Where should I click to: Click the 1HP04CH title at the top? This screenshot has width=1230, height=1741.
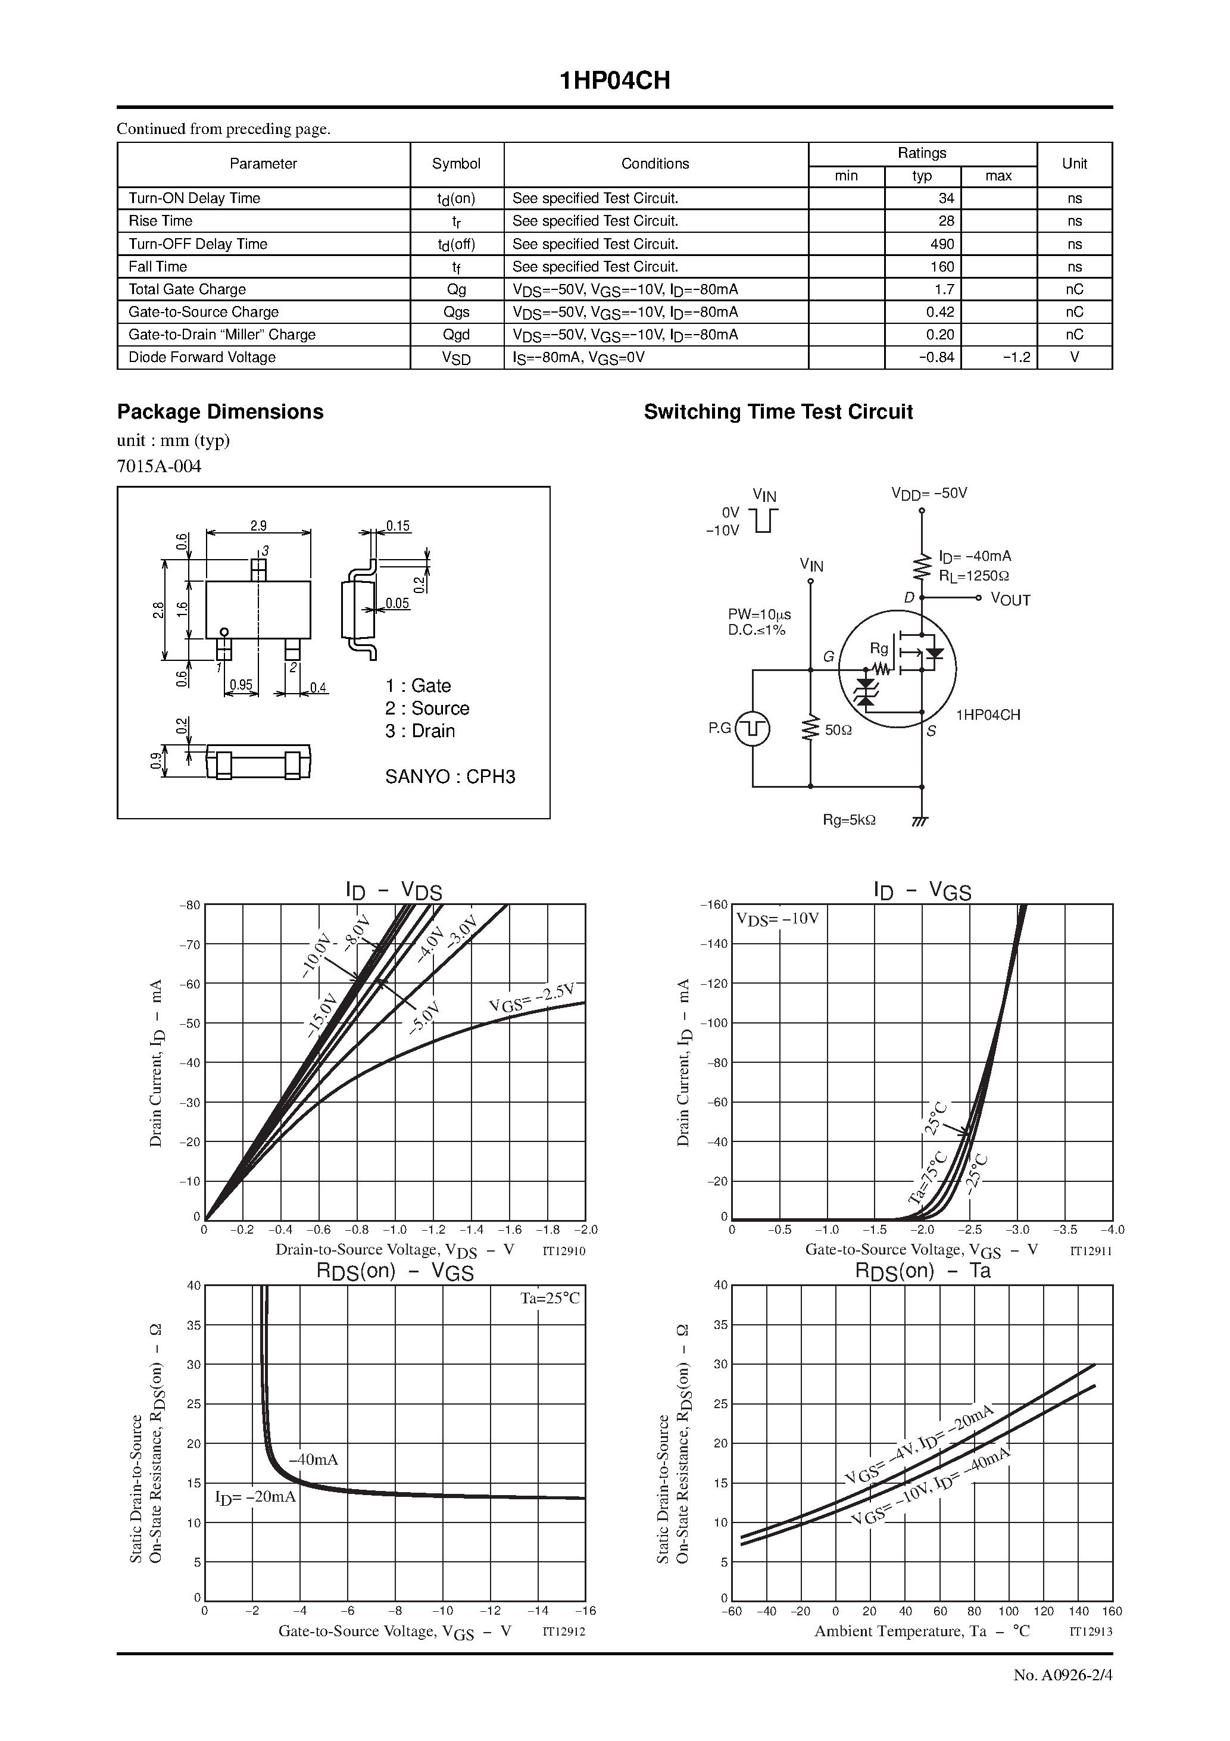click(x=614, y=81)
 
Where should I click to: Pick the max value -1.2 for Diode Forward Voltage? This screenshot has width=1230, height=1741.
click(x=1016, y=357)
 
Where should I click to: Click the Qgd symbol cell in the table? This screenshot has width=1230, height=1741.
click(x=457, y=335)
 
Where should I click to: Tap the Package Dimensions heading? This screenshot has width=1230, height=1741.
click(x=220, y=412)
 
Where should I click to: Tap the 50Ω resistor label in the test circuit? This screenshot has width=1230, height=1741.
click(x=838, y=730)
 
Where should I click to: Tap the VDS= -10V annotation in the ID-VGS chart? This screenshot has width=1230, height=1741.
click(x=778, y=919)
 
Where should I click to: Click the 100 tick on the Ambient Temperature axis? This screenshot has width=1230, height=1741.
click(x=1008, y=1611)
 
